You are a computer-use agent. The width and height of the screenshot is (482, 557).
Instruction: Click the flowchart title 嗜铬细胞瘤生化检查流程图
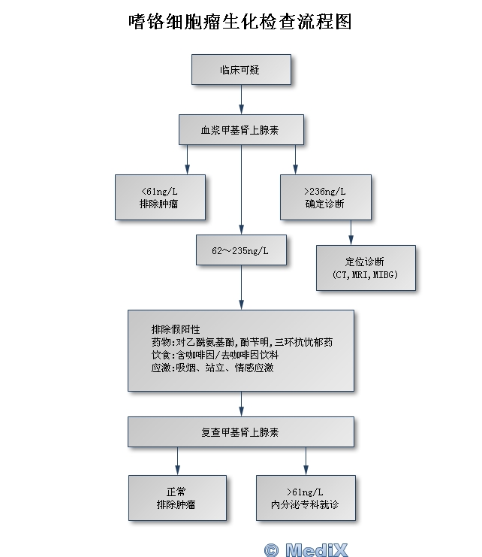(x=240, y=21)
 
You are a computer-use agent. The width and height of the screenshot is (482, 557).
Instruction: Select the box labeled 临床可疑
(x=240, y=69)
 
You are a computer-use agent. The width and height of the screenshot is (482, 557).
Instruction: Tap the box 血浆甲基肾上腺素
(x=240, y=129)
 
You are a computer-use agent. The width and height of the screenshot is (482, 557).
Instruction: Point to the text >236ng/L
(x=325, y=191)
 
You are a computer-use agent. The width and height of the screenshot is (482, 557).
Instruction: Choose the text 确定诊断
(x=325, y=204)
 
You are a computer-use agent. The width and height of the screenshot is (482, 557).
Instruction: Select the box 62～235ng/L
(x=240, y=250)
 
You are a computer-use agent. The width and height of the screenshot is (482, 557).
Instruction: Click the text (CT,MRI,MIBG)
(x=365, y=275)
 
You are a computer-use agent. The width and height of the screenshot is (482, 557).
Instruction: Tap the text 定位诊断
(x=365, y=262)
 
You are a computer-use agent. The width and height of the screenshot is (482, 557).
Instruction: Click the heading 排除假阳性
(x=175, y=329)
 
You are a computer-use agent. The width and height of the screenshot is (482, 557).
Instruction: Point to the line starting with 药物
(x=241, y=342)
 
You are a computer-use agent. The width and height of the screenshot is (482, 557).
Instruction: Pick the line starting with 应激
(x=212, y=368)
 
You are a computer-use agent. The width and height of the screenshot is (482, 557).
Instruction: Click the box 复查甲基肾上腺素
(x=240, y=432)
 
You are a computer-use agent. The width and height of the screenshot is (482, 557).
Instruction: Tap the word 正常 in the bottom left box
(x=176, y=492)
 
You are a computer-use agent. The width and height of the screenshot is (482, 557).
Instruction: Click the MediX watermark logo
(x=306, y=549)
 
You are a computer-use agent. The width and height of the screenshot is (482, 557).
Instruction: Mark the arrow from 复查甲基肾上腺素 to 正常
(x=177, y=461)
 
